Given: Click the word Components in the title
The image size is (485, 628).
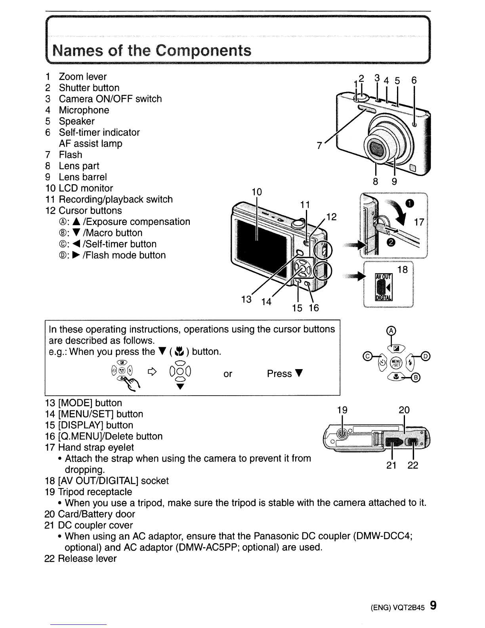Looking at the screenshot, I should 203,51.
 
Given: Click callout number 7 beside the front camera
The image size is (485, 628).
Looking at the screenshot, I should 319,146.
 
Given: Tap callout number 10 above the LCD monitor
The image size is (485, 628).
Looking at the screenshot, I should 257,192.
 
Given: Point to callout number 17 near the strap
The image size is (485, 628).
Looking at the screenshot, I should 419,222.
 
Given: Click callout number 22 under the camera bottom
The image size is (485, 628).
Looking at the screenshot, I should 413,465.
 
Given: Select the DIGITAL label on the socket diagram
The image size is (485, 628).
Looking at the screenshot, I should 383,299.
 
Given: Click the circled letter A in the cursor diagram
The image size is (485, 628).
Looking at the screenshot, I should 391,331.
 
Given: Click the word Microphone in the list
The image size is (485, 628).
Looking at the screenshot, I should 84,110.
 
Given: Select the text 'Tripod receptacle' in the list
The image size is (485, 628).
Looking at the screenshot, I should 95,492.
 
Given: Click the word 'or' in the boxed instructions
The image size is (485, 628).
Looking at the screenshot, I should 227,374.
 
